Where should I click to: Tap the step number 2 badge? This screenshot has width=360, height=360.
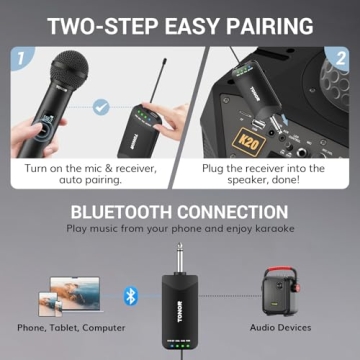click(340, 58)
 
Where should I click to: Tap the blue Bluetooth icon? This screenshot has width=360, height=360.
click(129, 295)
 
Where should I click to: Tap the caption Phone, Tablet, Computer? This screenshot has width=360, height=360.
click(71, 327)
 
